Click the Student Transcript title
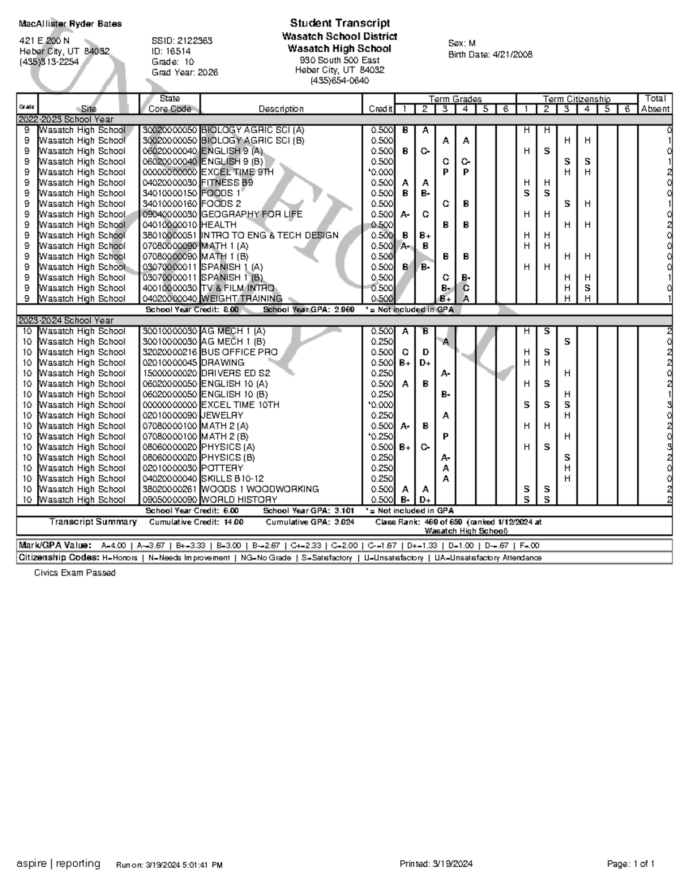pyautogui.click(x=340, y=24)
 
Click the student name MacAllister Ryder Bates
pyautogui.click(x=70, y=24)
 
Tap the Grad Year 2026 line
pyautogui.click(x=184, y=72)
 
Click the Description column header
pyautogui.click(x=281, y=109)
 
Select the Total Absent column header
pyautogui.click(x=655, y=103)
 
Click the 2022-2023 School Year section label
pyautogui.click(x=66, y=119)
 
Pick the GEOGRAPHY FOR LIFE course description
pyautogui.click(x=251, y=214)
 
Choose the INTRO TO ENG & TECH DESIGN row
pyautogui.click(x=270, y=235)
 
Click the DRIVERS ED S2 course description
pyautogui.click(x=235, y=373)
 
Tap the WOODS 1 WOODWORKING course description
pyautogui.click(x=260, y=489)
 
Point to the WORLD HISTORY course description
pyautogui.click(x=239, y=500)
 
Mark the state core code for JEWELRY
pyautogui.click(x=169, y=415)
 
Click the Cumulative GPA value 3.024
pyautogui.click(x=344, y=522)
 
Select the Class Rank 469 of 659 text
pyautogui.click(x=443, y=522)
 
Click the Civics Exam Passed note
pyautogui.click(x=75, y=573)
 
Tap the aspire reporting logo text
pyautogui.click(x=59, y=863)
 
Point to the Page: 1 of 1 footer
pyautogui.click(x=630, y=864)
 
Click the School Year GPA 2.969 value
pyautogui.click(x=344, y=310)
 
